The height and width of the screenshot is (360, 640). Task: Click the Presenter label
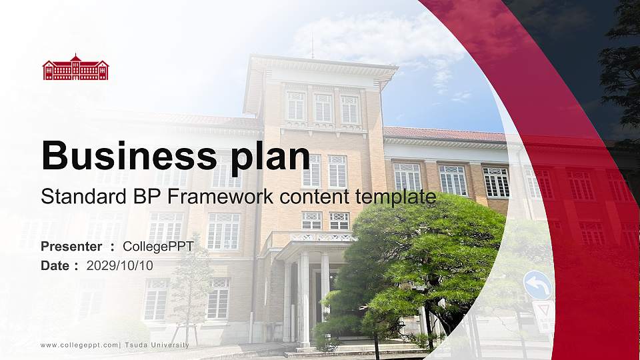click(x=71, y=247)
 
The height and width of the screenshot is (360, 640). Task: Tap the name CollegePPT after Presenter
click(x=158, y=247)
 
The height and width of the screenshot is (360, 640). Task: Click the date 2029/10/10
click(x=120, y=265)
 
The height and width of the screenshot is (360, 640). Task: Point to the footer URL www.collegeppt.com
click(x=79, y=345)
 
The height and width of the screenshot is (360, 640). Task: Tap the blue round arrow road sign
click(x=537, y=285)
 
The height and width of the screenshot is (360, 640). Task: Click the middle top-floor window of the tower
click(x=323, y=107)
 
